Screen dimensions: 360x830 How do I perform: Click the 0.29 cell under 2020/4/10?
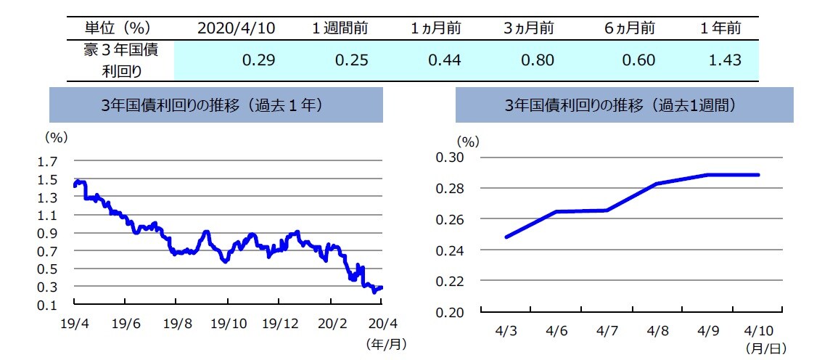click(258, 60)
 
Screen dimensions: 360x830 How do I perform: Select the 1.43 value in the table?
click(725, 60)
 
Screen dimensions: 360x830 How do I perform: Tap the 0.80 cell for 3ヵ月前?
click(538, 60)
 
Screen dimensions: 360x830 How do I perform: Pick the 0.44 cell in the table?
click(445, 60)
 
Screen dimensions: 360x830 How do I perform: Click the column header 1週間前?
click(340, 28)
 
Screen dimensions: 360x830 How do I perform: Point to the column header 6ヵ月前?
click(629, 28)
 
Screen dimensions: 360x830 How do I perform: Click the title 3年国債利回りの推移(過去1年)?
click(216, 105)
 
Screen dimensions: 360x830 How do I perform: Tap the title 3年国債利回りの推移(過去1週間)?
click(624, 105)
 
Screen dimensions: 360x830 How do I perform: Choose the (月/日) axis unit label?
click(766, 348)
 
